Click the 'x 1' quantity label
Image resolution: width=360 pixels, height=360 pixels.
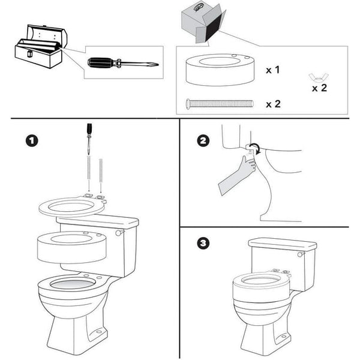click(273, 70)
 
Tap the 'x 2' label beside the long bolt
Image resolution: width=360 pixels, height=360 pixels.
click(273, 104)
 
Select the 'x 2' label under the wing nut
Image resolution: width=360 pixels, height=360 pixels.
click(320, 88)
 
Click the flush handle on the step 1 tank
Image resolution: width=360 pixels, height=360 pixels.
click(121, 231)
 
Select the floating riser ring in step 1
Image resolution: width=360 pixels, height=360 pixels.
click(71, 247)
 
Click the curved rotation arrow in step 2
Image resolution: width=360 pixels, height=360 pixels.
click(255, 148)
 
